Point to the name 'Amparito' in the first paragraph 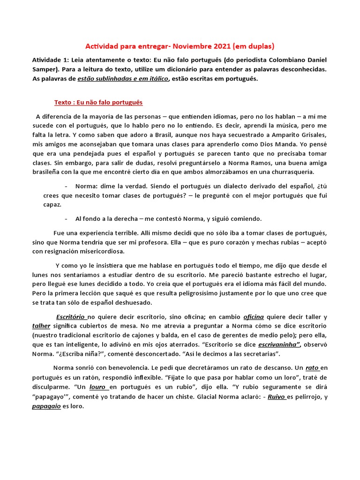[262, 135]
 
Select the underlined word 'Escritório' [70, 316]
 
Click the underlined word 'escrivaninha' [279, 345]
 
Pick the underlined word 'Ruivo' [277, 397]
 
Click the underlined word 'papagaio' [46, 406]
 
